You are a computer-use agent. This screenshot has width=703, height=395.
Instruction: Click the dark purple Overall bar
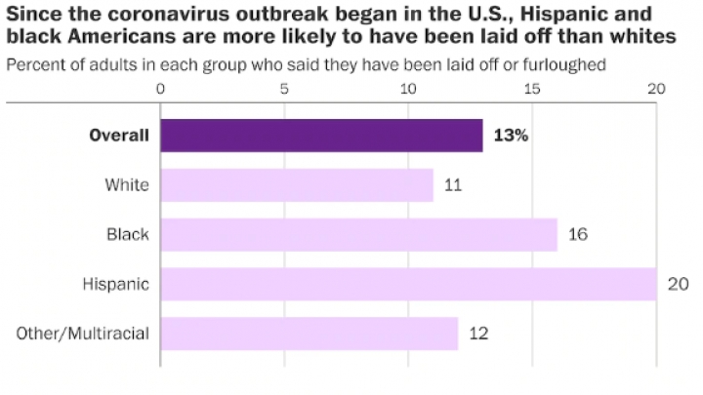click(321, 136)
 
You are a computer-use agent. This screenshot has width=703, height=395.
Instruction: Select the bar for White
click(297, 185)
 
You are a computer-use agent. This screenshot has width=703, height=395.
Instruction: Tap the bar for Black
click(358, 234)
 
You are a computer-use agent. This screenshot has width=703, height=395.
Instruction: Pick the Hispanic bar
click(408, 284)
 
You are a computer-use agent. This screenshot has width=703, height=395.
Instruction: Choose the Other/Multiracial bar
click(309, 334)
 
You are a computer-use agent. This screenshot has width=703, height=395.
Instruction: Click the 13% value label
click(511, 136)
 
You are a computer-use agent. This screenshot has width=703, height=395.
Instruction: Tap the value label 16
click(577, 234)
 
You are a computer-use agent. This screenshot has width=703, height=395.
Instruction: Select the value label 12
click(477, 334)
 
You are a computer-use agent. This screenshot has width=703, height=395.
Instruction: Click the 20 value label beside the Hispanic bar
click(680, 284)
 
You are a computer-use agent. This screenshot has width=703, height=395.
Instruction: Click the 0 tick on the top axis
click(161, 89)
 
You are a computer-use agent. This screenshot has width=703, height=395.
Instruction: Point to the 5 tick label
click(284, 89)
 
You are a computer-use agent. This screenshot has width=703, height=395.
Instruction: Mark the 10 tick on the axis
click(408, 89)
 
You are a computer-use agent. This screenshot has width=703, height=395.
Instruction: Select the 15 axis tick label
click(532, 89)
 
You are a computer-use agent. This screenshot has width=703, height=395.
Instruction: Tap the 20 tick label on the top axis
click(656, 89)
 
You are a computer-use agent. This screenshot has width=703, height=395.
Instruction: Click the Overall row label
click(119, 136)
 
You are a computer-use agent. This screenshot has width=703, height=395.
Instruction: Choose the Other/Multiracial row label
click(83, 334)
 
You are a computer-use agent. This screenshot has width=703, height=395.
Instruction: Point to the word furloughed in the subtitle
click(569, 64)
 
